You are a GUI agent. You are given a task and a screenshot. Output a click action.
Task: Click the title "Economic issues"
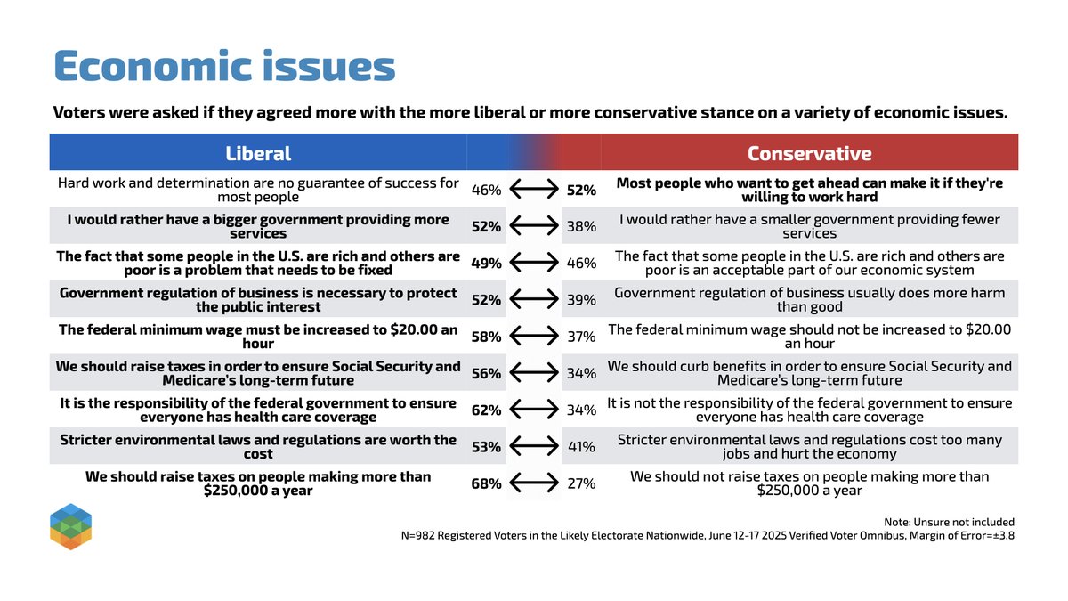point(224,67)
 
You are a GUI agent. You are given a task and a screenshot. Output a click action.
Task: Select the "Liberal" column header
point(258,152)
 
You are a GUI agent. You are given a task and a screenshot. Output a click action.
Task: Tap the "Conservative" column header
point(809,152)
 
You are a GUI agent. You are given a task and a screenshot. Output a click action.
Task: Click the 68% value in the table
point(486,483)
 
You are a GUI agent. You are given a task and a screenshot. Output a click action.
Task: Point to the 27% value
point(582,483)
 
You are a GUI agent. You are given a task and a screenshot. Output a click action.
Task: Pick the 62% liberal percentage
point(486,410)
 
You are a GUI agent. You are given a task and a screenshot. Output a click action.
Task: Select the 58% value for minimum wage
point(486,337)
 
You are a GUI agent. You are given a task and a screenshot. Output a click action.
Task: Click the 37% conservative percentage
point(582,337)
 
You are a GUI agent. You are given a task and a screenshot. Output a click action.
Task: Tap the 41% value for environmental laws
point(582,447)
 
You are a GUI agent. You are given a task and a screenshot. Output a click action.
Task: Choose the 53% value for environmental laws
point(486,447)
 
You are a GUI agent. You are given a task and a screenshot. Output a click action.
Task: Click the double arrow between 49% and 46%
point(534,264)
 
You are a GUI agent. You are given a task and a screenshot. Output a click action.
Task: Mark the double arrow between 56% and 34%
point(534,374)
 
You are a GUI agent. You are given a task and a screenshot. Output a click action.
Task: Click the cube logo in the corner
point(71,526)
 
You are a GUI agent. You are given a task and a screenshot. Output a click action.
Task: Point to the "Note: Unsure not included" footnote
point(945,522)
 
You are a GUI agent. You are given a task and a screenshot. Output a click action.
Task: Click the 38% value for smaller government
point(582,226)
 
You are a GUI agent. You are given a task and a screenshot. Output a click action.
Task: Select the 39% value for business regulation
point(582,300)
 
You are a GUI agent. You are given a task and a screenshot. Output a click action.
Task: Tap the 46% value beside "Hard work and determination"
point(486,190)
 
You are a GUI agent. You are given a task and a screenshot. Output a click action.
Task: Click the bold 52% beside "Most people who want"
point(582,190)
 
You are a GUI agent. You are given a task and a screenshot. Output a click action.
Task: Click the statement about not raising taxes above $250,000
point(809,483)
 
